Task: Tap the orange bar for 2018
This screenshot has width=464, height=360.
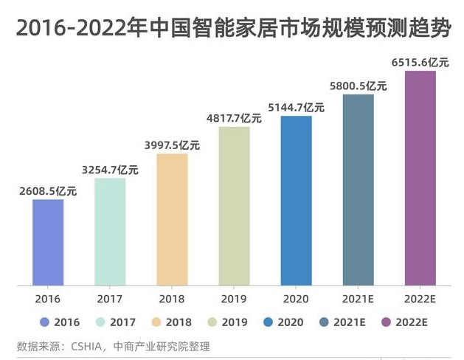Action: [172, 219]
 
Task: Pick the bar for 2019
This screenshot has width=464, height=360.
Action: [234, 205]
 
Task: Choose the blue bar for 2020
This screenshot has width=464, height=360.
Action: [296, 200]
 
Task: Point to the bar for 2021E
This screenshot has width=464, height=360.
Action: [358, 189]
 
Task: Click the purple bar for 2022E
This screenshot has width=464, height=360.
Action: [420, 177]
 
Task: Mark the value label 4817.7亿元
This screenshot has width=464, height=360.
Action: [234, 117]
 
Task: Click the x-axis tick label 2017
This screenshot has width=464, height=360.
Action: [110, 300]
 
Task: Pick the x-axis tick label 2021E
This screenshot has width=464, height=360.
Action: [358, 300]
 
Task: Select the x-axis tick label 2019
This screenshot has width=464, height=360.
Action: [234, 300]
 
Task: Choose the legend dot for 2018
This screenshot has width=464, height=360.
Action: [156, 322]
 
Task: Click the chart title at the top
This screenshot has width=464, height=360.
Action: [232, 28]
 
